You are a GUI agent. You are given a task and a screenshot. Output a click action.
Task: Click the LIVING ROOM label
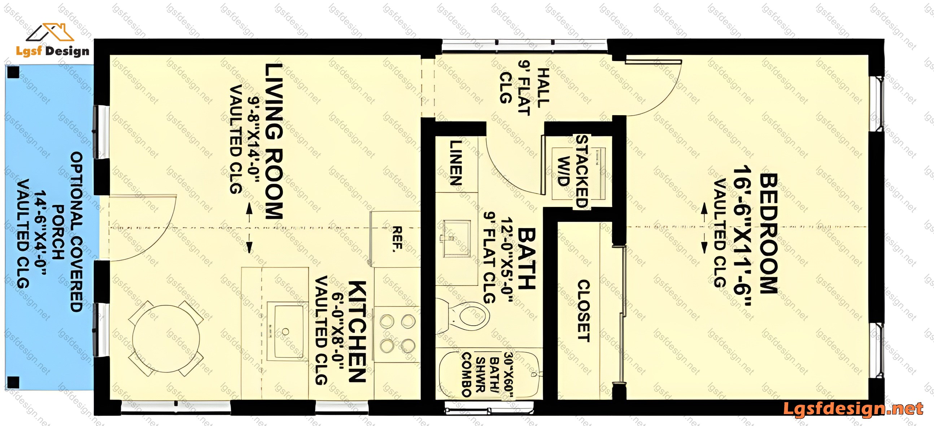coord(274,142)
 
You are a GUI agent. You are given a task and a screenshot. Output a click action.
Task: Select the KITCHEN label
coord(357,331)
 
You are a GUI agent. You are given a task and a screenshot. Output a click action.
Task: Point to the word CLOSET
coord(583,311)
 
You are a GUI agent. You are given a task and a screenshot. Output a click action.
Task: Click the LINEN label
coord(456,163)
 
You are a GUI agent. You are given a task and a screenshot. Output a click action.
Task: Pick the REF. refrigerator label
coord(397,239)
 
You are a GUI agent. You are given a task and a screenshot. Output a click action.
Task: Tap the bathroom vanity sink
coord(455,238)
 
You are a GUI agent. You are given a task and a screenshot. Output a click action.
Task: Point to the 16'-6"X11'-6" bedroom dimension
coord(742,236)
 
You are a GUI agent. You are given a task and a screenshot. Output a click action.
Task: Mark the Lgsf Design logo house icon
coord(50,32)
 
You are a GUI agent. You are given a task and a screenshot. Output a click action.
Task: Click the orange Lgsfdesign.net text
coord(853,409)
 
